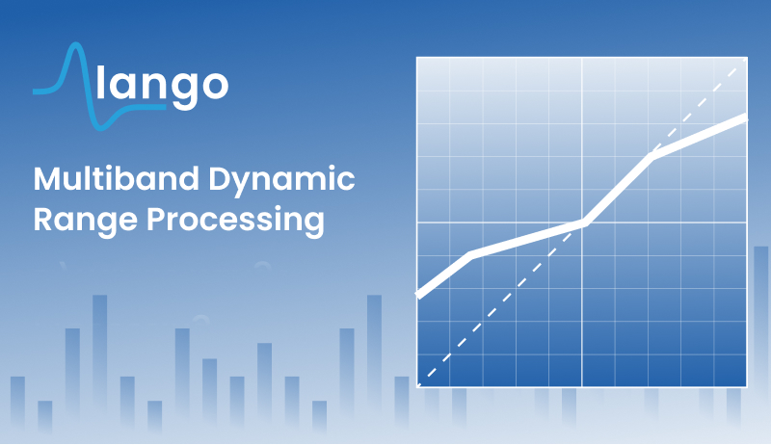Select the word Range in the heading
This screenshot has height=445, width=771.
(x=86, y=221)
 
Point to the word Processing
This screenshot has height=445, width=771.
(x=235, y=221)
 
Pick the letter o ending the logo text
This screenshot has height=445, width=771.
(x=214, y=85)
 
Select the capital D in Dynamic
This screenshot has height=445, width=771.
(x=220, y=179)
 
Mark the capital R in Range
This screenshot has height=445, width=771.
(x=43, y=219)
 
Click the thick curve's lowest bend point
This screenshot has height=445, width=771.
(x=470, y=255)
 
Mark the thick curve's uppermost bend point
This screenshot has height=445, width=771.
(x=651, y=156)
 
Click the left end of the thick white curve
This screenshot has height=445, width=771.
(x=418, y=295)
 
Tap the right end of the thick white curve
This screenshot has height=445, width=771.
(x=746, y=118)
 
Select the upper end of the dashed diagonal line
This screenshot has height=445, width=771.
(x=735, y=69)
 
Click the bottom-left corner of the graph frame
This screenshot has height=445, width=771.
(x=417, y=386)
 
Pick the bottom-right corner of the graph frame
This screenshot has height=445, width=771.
(x=747, y=386)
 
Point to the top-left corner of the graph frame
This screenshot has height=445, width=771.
(x=417, y=58)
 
